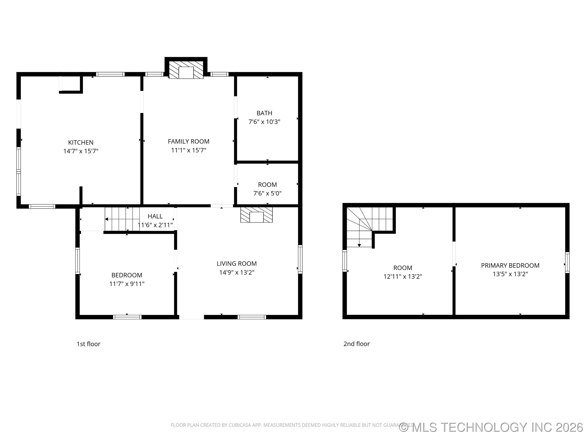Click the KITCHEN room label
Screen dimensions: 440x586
[81, 142]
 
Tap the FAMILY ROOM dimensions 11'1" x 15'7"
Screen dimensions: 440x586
[189, 150]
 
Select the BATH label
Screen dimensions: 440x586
[264, 113]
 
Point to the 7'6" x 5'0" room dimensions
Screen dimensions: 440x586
[267, 193]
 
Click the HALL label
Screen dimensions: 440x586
[155, 216]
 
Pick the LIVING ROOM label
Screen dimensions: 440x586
[237, 264]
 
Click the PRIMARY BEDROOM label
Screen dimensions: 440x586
[510, 265]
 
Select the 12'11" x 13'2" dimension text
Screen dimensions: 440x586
[402, 277]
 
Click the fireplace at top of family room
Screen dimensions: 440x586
[186, 70]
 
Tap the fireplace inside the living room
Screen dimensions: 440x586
[256, 215]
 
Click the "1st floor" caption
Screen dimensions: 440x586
[89, 344]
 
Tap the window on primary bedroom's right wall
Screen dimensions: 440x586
[567, 263]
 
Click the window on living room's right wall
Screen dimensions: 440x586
[300, 259]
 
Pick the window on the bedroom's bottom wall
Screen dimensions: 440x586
[127, 317]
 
